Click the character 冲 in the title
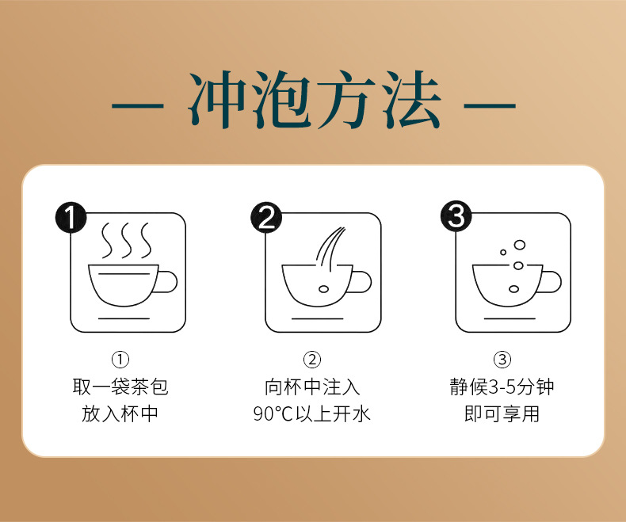217,100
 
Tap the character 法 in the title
410,100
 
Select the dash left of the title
137,106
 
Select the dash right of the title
490,106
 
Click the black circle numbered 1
71,218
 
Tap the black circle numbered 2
266,218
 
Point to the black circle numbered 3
456,216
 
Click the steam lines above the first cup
127,240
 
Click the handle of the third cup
552,282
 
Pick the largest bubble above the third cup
519,245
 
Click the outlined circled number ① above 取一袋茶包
120,360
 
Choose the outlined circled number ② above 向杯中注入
312,360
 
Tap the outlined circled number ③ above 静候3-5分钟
502,360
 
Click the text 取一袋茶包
120,387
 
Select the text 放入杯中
120,413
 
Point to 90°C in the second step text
273,413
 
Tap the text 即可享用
502,413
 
